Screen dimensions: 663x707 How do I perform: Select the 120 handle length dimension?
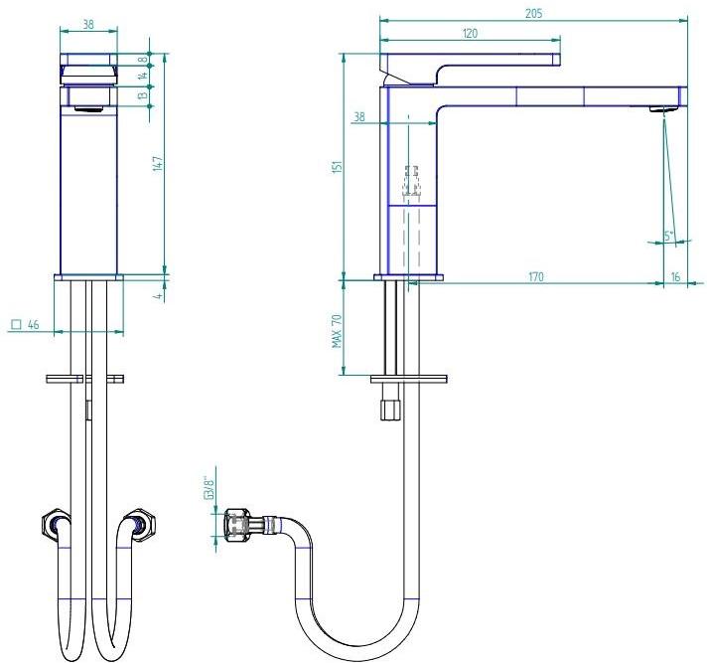(471, 33)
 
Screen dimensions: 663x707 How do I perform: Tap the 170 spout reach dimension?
(535, 276)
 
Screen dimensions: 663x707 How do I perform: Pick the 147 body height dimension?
(156, 164)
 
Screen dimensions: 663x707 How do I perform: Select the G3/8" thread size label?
(209, 491)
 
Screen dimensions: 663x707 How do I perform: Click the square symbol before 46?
(16, 325)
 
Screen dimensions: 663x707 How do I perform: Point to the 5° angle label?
(669, 236)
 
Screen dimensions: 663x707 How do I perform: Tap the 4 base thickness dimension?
(157, 295)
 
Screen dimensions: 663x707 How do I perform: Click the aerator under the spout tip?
(659, 109)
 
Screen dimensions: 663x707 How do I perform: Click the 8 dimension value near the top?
(157, 59)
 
